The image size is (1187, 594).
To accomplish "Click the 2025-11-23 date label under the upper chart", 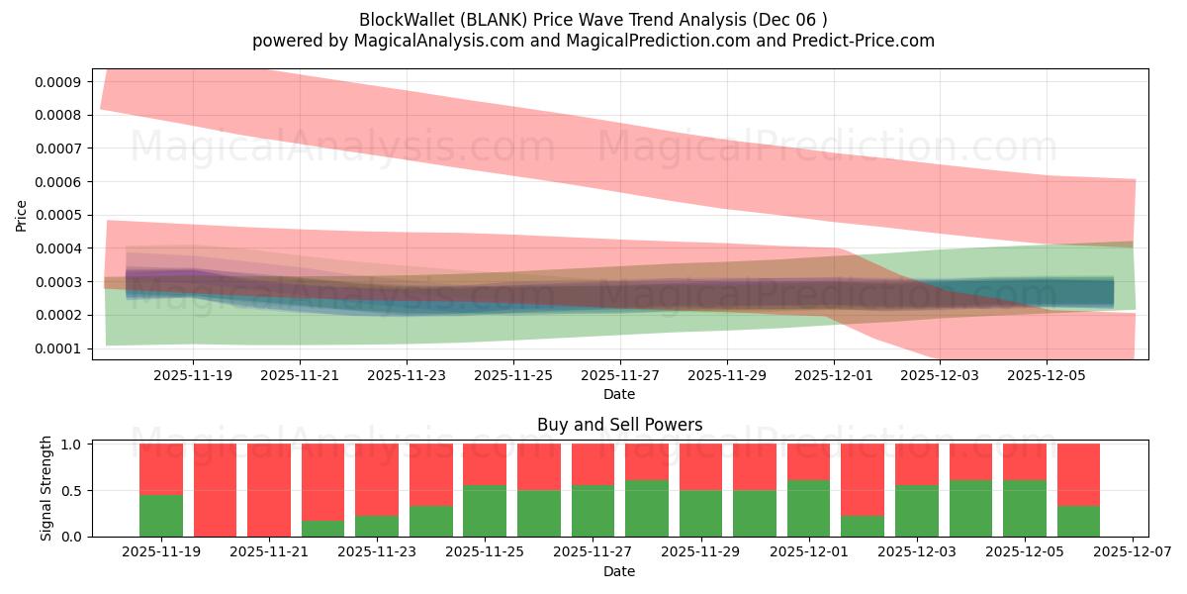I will [407, 376].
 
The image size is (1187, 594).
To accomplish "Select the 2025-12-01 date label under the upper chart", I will [834, 376].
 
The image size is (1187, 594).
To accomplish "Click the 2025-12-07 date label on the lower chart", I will [1131, 552].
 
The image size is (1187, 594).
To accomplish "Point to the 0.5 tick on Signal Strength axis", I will [74, 491].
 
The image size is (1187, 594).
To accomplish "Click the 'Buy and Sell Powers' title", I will [619, 425].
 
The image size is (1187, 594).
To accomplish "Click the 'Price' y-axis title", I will [22, 215].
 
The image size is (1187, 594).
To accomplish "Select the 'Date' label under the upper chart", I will [619, 394].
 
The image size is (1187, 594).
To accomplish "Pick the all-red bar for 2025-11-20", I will [215, 490].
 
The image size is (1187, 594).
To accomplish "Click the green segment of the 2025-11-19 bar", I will [161, 515].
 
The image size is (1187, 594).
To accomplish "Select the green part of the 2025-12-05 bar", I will [1025, 508].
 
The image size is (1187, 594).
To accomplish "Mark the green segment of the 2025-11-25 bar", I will [485, 511].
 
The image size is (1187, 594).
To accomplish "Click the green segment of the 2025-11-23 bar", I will [377, 526].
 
